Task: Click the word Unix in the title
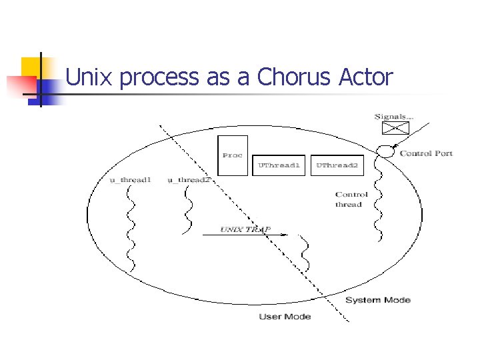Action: (x=90, y=77)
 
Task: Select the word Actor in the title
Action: (x=365, y=77)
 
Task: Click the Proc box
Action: (x=233, y=155)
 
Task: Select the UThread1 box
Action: (x=279, y=165)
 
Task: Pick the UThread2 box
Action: (x=337, y=165)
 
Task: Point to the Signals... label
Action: (x=393, y=117)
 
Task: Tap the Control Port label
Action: (x=426, y=153)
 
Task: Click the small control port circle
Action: (x=385, y=153)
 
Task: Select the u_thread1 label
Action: (x=131, y=180)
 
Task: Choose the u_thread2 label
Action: (x=189, y=180)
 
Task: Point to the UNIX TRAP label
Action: (x=245, y=229)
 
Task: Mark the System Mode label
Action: (x=377, y=300)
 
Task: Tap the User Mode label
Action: (x=285, y=316)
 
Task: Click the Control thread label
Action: (x=351, y=199)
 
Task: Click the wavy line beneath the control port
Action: (x=379, y=200)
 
